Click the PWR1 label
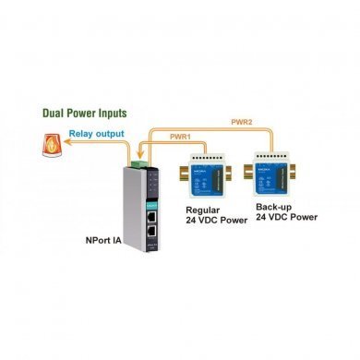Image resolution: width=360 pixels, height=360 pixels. click(x=182, y=137)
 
